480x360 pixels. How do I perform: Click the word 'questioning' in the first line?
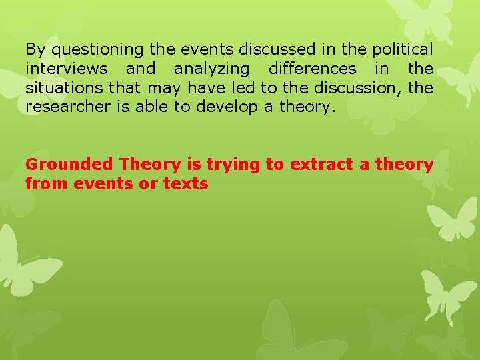89,49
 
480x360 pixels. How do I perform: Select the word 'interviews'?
67,69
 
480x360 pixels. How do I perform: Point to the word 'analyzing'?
211,69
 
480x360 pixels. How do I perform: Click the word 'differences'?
313,69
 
